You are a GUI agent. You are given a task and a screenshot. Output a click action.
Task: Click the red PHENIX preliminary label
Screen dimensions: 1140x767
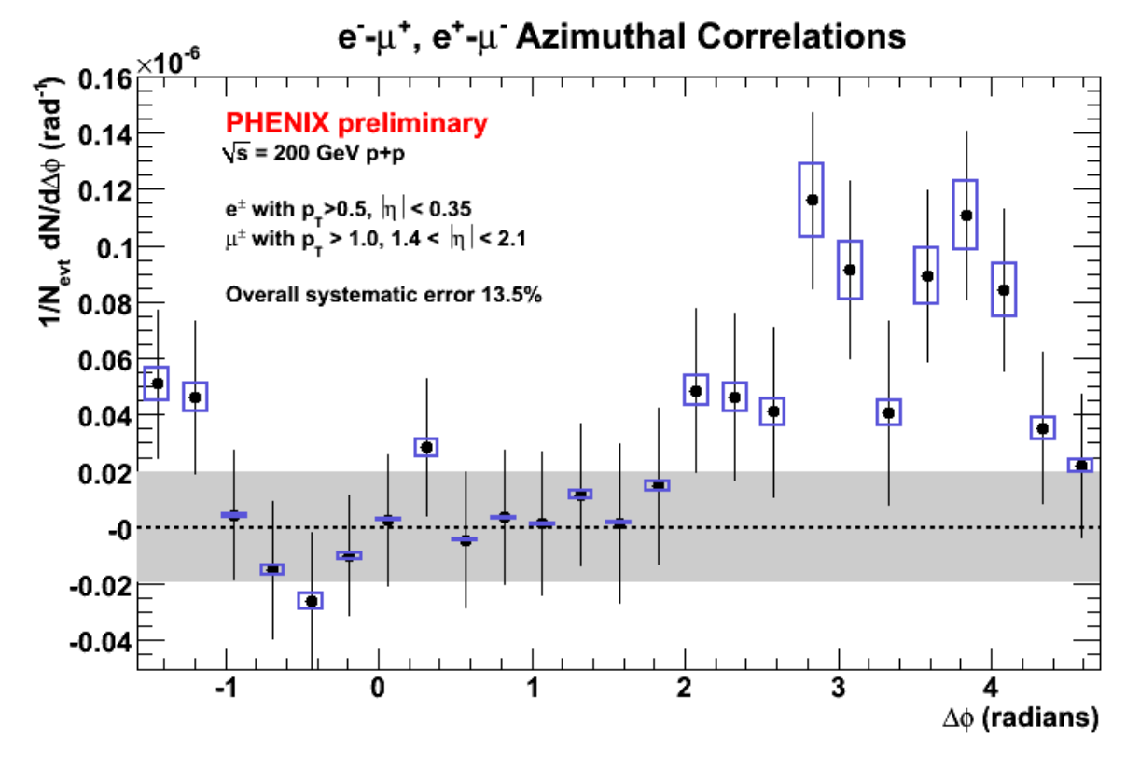point(356,123)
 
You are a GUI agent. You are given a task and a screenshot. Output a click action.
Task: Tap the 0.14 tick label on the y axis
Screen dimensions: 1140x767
point(104,135)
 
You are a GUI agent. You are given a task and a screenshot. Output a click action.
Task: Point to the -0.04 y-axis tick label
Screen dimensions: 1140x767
point(101,642)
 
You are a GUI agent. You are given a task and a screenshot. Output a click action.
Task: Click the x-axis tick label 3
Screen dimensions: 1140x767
point(838,688)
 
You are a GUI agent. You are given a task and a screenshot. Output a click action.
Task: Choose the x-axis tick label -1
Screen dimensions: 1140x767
point(227,688)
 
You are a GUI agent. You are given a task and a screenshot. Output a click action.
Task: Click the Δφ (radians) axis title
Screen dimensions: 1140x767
point(1021,718)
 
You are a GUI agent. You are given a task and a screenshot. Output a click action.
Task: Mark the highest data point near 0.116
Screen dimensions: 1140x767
point(813,200)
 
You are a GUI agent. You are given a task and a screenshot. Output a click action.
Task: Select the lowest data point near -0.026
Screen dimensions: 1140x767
point(311,601)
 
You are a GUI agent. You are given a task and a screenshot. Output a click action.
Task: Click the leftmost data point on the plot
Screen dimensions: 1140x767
point(158,383)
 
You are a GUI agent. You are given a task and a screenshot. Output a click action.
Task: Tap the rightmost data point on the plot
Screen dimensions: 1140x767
point(1081,466)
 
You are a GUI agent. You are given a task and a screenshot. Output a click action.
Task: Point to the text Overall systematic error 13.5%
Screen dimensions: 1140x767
point(383,295)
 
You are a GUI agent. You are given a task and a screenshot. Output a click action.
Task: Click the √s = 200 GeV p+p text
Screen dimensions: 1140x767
point(313,153)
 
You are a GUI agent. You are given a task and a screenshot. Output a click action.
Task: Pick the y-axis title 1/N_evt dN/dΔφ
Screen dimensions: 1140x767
point(53,202)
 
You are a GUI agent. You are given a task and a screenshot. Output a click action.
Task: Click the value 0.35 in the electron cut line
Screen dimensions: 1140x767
point(451,209)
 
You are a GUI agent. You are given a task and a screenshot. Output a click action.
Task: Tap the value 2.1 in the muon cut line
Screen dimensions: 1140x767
point(511,239)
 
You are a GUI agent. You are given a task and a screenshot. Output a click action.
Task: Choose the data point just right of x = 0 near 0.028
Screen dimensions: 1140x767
point(426,447)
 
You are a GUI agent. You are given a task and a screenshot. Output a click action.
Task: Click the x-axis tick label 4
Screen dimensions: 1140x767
point(991,688)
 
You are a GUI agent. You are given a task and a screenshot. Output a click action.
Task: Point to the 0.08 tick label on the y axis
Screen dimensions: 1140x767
point(104,304)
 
